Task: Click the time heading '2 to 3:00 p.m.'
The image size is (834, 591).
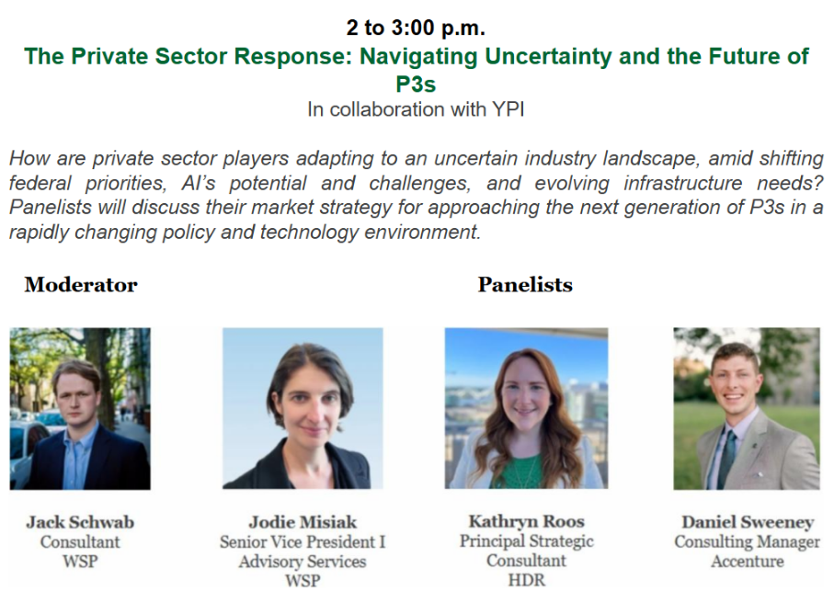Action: [416, 28]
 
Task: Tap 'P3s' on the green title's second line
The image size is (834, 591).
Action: [416, 84]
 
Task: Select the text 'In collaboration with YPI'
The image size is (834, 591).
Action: [416, 109]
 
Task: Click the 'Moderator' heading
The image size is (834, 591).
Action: [81, 285]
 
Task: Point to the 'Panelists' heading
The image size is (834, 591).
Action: [525, 285]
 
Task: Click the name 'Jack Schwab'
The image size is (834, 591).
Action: [80, 522]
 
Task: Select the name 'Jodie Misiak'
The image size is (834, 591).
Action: [303, 522]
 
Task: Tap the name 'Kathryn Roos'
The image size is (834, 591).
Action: [527, 521]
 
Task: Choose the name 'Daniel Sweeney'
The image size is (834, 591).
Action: [748, 522]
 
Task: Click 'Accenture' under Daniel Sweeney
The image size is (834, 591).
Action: [748, 562]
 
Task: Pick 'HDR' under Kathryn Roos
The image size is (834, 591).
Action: [527, 580]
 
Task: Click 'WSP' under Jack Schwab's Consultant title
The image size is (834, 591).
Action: [80, 562]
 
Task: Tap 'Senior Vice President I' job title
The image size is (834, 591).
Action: [303, 541]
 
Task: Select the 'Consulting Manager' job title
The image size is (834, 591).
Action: [748, 542]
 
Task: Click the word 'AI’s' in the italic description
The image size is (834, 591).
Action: [199, 183]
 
